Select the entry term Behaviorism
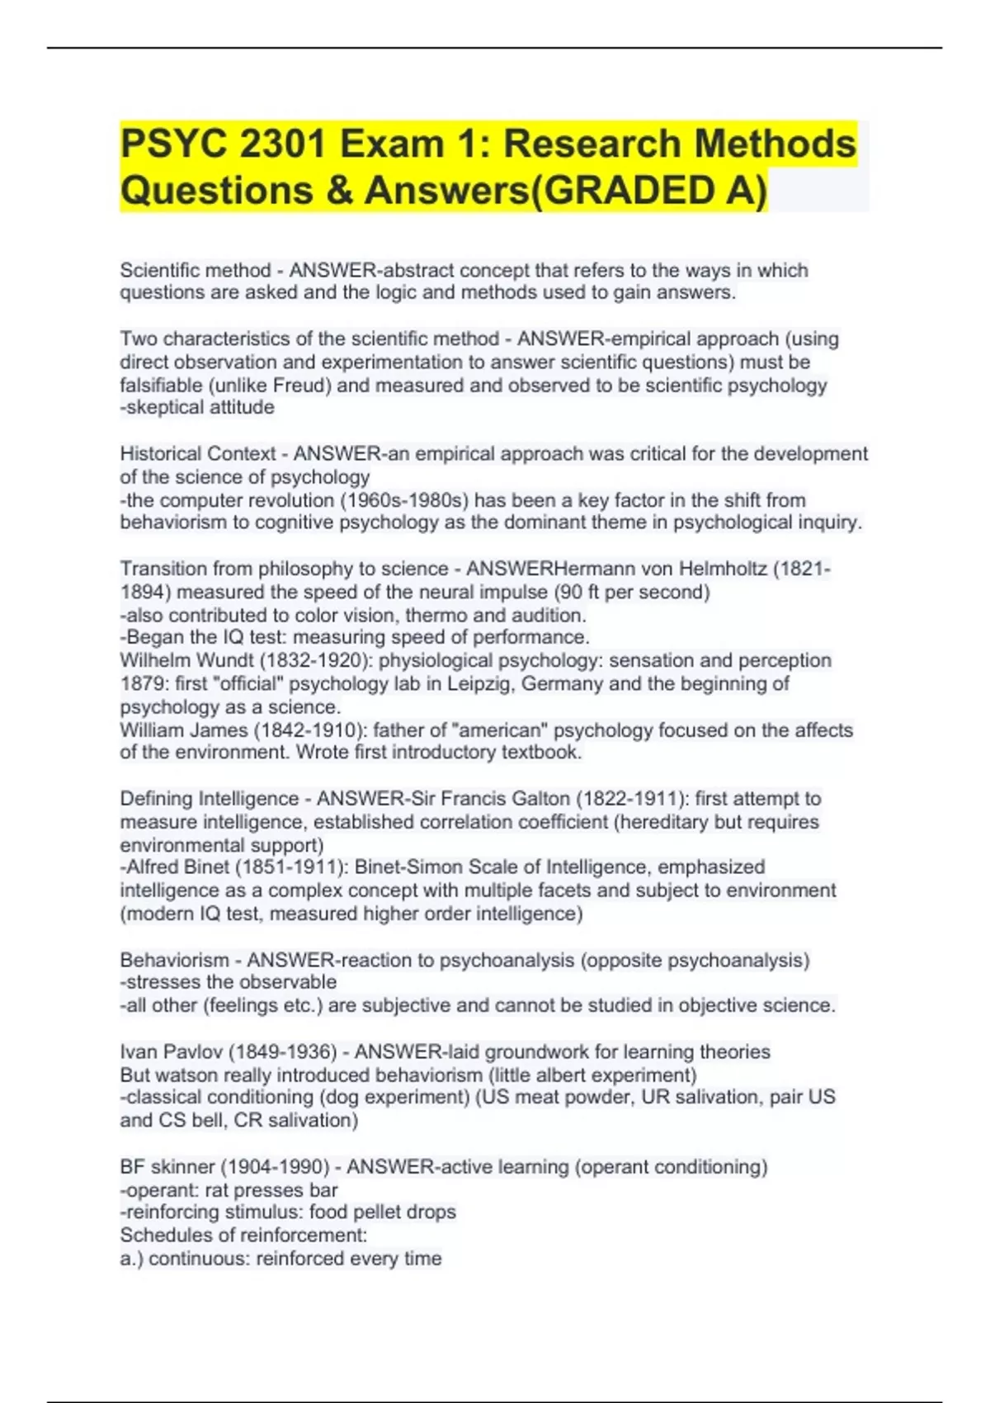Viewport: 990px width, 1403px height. click(175, 961)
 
